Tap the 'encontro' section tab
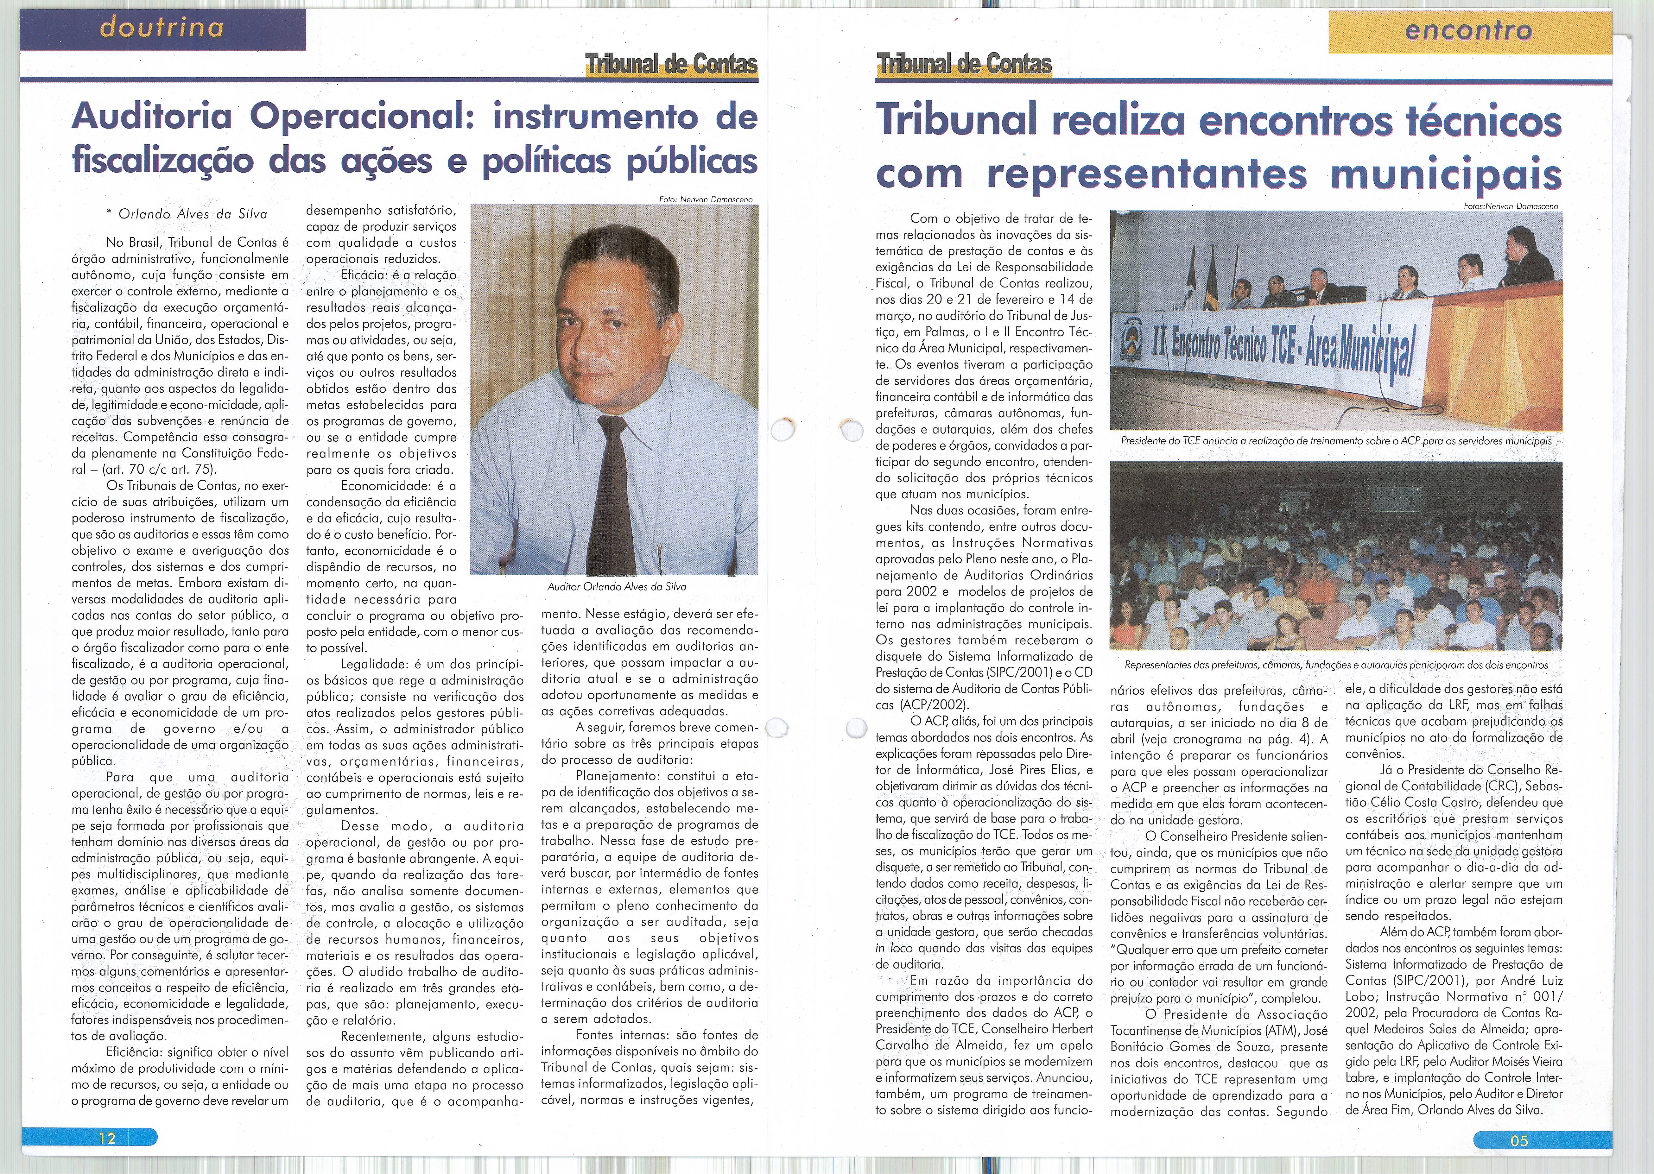(1468, 31)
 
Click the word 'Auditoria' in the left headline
(152, 117)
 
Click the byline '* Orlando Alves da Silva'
(187, 214)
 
